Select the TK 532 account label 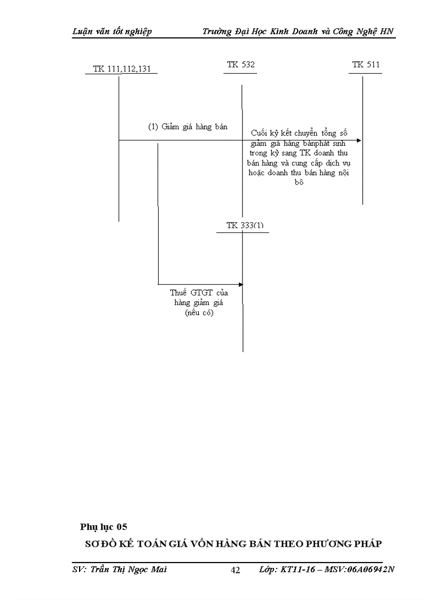[241, 65]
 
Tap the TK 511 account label [366, 65]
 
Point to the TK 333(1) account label [245, 225]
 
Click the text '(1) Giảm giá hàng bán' [188, 127]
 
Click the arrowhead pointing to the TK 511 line [359, 141]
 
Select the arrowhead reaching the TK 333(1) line [240, 284]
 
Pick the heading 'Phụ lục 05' [104, 527]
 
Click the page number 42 [235, 570]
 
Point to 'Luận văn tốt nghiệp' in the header [112, 32]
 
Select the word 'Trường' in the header [216, 32]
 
